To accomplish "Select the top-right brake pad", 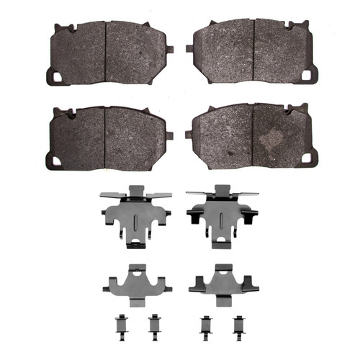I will [252, 52].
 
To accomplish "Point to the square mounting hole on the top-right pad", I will [307, 75].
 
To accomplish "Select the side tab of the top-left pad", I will [170, 49].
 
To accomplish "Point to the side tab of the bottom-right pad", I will [189, 134].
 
